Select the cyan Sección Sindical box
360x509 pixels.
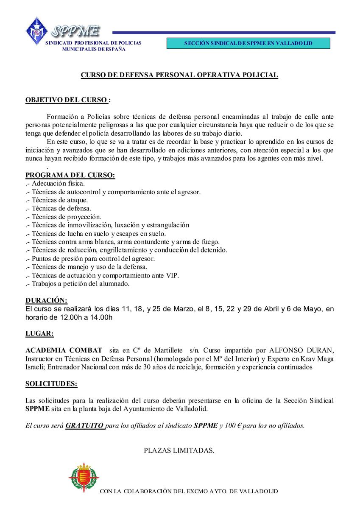pos(248,44)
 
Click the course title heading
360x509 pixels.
pos(179,75)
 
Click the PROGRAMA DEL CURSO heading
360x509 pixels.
pos(70,175)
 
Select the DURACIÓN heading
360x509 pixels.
pos(46,300)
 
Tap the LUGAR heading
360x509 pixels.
pos(39,333)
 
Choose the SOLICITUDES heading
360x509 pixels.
pos(51,384)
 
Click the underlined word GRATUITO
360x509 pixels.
pos(85,425)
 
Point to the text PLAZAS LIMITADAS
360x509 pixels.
pos(179,450)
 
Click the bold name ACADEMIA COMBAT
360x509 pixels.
pos(64,350)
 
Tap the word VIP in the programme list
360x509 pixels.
pos(173,275)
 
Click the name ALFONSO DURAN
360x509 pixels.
pos(301,350)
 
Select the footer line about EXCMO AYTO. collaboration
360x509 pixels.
pos(189,491)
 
